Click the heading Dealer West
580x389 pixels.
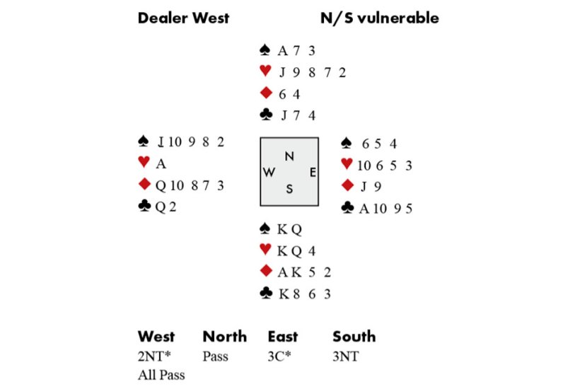click(183, 18)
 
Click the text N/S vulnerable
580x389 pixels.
click(379, 18)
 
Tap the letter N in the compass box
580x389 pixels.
click(289, 156)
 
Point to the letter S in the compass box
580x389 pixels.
click(289, 188)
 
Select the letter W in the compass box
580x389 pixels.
click(269, 173)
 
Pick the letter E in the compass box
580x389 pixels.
click(312, 172)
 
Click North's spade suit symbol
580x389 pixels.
click(265, 50)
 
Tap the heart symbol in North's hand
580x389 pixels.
click(265, 71)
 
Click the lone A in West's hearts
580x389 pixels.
click(161, 163)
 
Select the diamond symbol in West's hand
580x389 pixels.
click(144, 185)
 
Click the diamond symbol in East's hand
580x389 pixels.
click(347, 186)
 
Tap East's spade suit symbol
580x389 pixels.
click(347, 144)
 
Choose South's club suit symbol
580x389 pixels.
click(265, 293)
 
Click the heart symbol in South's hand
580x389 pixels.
click(265, 250)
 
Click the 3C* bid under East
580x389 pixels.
click(281, 356)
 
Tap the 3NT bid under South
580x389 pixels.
click(345, 356)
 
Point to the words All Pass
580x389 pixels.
click(161, 375)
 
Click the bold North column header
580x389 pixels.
click(225, 337)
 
